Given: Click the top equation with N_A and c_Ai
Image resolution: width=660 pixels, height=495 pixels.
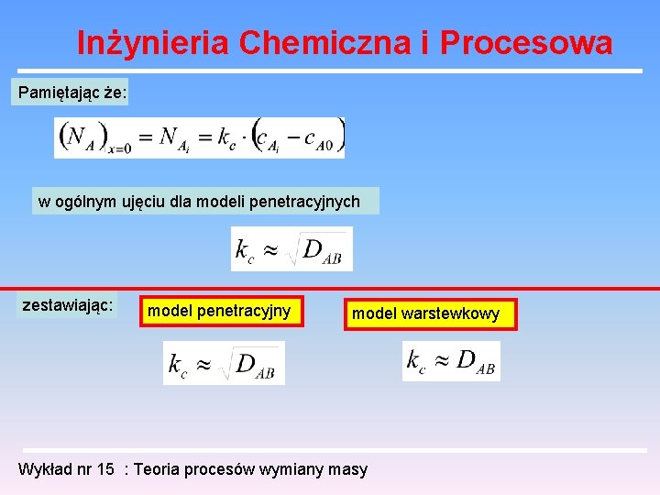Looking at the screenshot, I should point(199,137).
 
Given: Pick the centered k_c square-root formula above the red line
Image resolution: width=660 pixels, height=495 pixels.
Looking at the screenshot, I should point(291,248).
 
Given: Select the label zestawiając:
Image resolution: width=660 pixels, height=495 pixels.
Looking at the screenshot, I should point(68,305).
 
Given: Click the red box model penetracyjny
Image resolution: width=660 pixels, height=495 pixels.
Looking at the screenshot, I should point(219,311).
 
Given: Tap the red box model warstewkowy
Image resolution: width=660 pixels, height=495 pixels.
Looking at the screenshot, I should point(426,314).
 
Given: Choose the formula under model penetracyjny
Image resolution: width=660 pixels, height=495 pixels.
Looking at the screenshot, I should point(224,363).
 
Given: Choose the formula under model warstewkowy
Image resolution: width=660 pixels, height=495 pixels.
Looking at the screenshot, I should point(451,361).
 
